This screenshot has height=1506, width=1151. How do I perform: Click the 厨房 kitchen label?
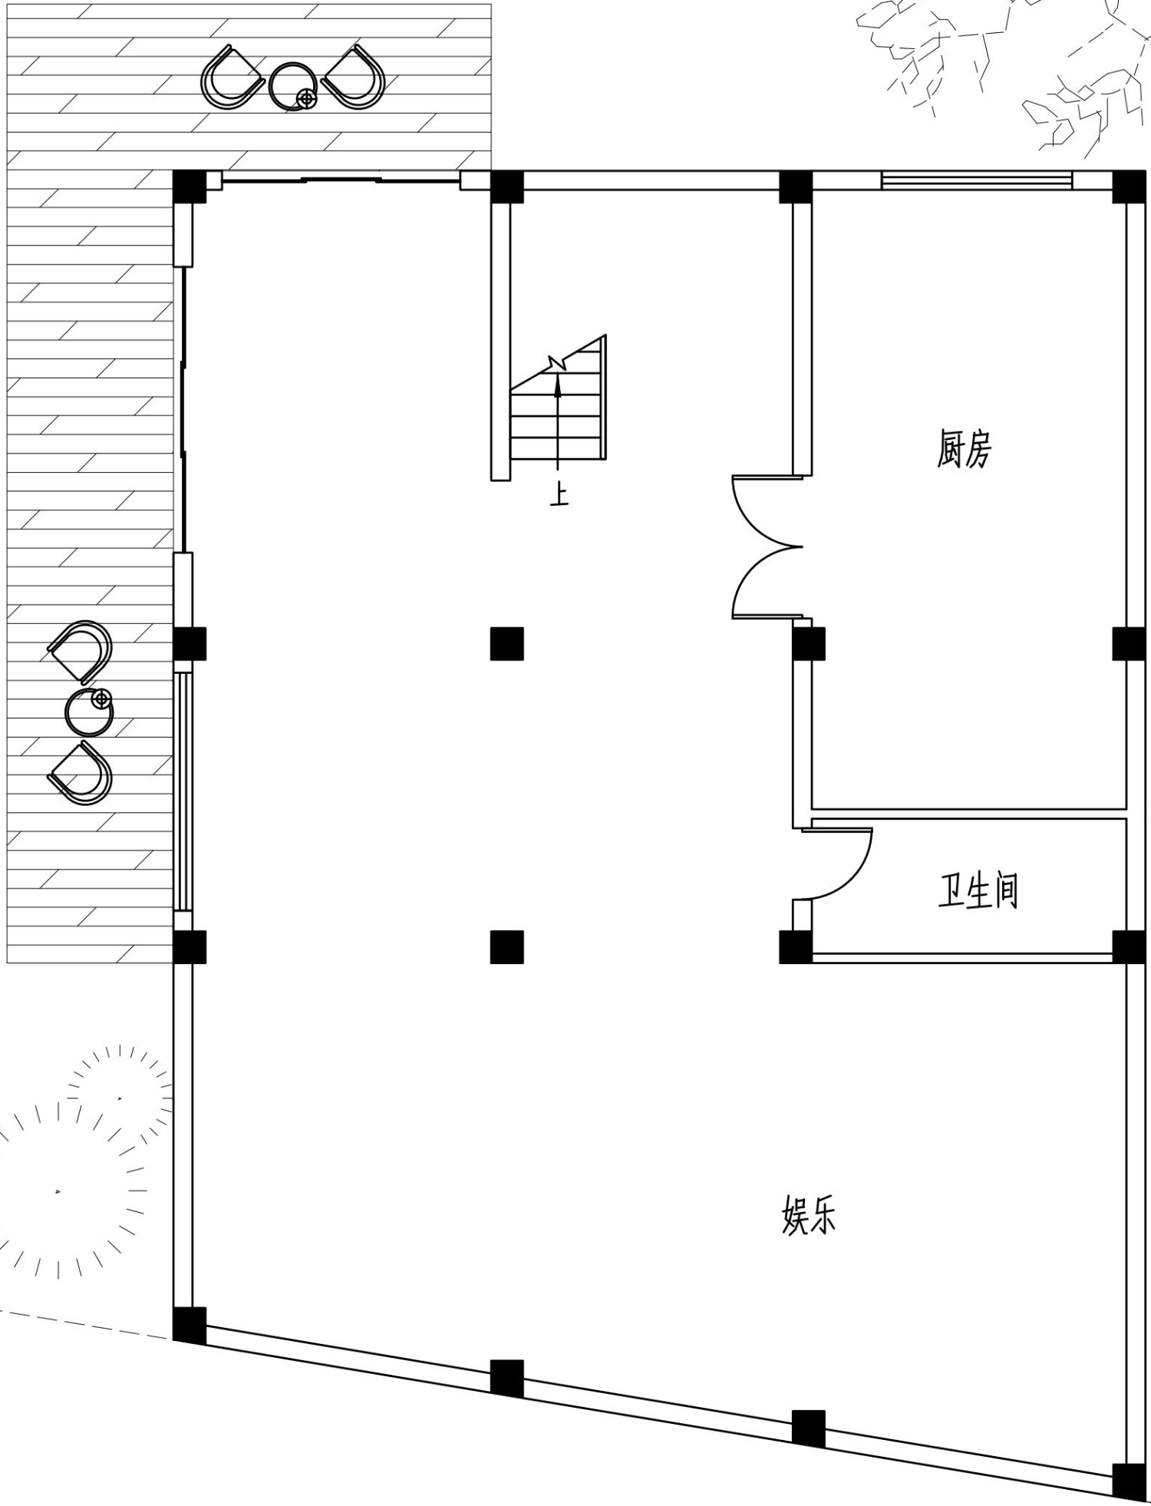(964, 449)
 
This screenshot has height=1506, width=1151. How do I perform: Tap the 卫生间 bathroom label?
(978, 890)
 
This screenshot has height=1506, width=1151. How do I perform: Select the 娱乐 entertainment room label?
(809, 1215)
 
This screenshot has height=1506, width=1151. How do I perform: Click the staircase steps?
(558, 407)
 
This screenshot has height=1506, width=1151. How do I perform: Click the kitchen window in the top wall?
(976, 181)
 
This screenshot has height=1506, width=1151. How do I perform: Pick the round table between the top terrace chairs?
(292, 85)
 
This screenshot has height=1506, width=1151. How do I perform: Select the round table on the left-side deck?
(89, 712)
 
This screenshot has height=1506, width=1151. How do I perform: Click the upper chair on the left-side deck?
(81, 652)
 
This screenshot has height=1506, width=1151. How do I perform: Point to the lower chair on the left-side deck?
(81, 772)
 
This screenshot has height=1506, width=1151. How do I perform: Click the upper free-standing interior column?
(507, 643)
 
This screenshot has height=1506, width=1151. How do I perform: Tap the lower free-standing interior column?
(507, 947)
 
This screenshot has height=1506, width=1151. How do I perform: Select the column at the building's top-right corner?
(1129, 187)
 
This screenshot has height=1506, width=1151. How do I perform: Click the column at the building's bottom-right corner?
(1129, 1481)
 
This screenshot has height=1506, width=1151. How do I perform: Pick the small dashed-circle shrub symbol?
(119, 1098)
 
